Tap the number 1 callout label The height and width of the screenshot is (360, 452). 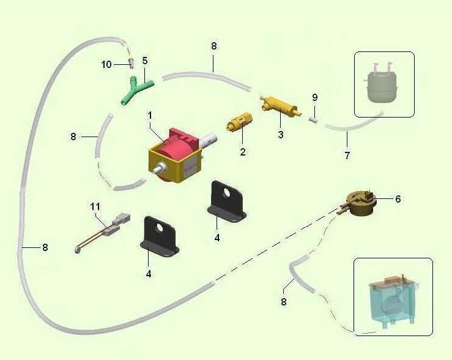point(149,114)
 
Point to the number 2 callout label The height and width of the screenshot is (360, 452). point(243,152)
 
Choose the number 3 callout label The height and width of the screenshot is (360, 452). point(281,134)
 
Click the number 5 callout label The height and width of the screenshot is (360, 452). point(145,61)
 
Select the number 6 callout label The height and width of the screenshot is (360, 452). point(398,199)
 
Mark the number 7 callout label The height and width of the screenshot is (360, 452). point(347,156)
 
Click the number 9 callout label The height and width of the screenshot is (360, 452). point(314,97)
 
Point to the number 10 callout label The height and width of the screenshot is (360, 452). point(106,64)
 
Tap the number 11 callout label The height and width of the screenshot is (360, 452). point(95,207)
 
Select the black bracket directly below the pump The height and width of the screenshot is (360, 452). point(227,200)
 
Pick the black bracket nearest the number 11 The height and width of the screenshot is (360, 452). point(161,236)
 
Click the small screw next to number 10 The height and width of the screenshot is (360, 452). point(130,63)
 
